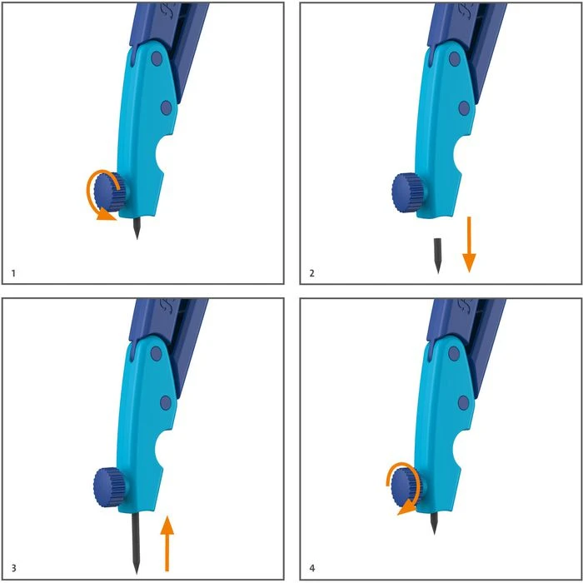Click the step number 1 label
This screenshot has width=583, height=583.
click(x=14, y=274)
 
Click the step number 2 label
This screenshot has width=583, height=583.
click(x=312, y=274)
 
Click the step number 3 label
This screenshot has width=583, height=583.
click(x=14, y=568)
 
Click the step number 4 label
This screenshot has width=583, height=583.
click(x=312, y=568)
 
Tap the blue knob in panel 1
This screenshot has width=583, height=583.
click(x=109, y=192)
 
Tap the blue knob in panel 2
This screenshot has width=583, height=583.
click(x=407, y=192)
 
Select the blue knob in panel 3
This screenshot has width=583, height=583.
click(x=109, y=486)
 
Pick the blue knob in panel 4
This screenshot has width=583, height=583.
click(x=406, y=487)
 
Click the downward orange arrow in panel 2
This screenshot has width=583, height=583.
click(x=469, y=244)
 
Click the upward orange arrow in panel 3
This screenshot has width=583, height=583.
click(x=167, y=543)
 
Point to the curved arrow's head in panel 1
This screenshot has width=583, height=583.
click(x=106, y=215)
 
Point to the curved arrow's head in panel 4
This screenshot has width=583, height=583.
click(x=407, y=508)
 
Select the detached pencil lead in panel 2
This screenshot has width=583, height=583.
click(x=437, y=256)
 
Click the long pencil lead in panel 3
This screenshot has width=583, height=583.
click(x=136, y=543)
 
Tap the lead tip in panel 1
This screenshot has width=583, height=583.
click(x=137, y=239)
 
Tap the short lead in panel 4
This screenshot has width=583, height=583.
click(x=434, y=523)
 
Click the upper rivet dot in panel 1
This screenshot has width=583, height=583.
click(x=157, y=59)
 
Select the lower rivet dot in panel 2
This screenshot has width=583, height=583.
click(x=464, y=108)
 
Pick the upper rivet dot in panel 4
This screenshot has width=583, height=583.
click(x=454, y=354)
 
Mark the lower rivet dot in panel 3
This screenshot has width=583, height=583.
click(x=166, y=403)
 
